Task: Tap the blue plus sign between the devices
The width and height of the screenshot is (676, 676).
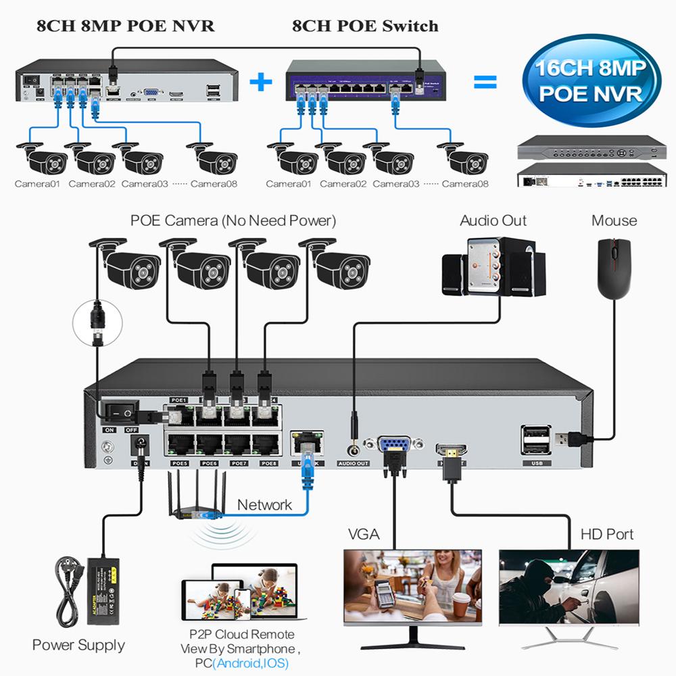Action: (x=260, y=83)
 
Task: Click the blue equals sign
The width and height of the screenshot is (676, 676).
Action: (x=485, y=82)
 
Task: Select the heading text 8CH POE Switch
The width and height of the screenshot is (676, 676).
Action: (x=365, y=26)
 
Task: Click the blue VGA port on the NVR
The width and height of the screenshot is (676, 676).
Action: (x=393, y=446)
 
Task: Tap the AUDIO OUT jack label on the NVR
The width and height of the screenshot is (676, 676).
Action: (x=353, y=464)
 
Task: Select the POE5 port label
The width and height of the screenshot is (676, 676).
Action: (x=180, y=464)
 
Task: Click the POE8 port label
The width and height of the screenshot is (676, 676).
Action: (x=269, y=464)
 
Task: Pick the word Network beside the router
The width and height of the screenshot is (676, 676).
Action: (x=264, y=505)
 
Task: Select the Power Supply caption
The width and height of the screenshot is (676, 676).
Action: (x=78, y=645)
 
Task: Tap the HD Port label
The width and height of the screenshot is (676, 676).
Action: (x=607, y=534)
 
